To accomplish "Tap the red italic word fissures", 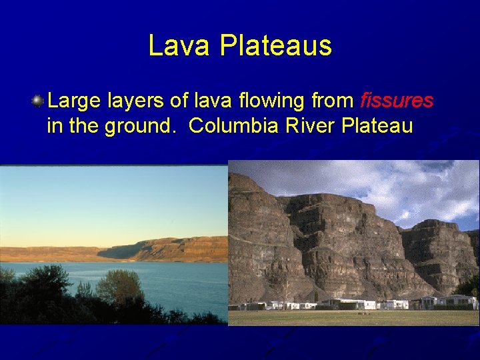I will [x=397, y=101].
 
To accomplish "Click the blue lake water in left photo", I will [x=180, y=280].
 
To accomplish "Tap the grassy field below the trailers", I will [x=353, y=317].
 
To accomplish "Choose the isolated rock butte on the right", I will [x=437, y=253].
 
